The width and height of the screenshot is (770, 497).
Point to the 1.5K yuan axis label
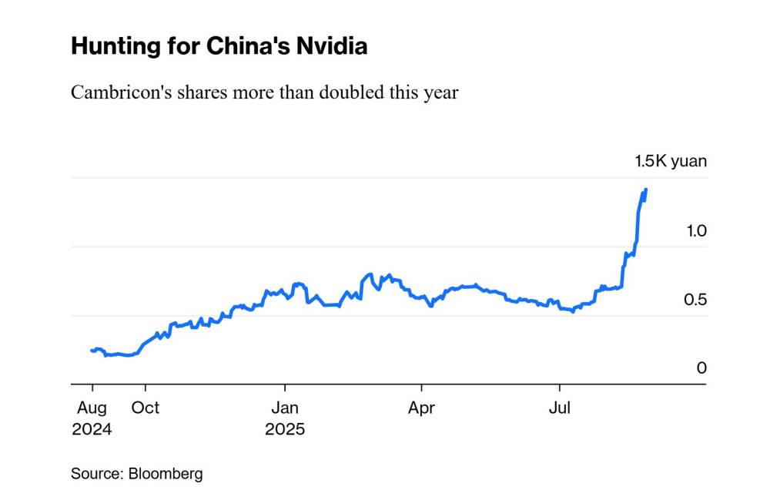[x=670, y=161]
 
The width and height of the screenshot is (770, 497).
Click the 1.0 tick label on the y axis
[x=695, y=230]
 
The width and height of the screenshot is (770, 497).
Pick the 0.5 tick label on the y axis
[x=695, y=300]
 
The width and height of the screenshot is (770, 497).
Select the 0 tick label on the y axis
[x=701, y=368]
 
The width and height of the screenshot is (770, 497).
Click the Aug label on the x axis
[x=92, y=408]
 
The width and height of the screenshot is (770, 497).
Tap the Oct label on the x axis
[x=146, y=408]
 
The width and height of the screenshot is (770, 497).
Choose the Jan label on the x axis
[x=285, y=408]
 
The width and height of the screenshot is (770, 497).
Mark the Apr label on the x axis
[x=421, y=408]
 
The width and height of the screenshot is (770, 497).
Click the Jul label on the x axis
[x=560, y=408]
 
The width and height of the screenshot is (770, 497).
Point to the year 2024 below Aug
[x=92, y=429]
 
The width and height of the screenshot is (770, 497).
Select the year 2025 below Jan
[x=285, y=429]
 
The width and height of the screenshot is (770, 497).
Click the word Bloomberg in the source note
[x=166, y=474]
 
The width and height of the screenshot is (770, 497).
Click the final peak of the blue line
[x=646, y=189]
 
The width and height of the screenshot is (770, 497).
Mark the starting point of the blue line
[x=92, y=350]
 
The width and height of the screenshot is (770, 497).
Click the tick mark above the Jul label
[x=560, y=388]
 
